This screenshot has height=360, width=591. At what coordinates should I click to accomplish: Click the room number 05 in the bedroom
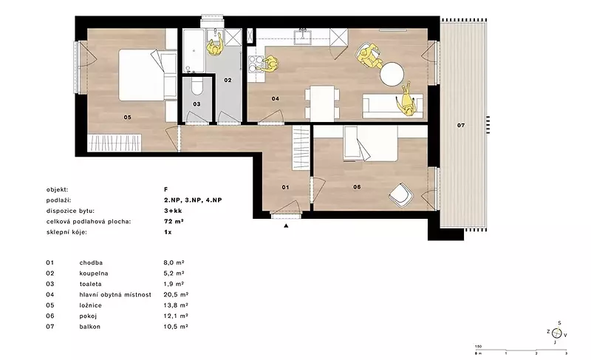click(127, 118)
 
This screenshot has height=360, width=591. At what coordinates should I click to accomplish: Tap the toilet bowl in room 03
click(197, 87)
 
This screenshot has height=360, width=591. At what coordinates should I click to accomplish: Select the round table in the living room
click(392, 74)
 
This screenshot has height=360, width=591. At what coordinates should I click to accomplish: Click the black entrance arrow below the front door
click(286, 225)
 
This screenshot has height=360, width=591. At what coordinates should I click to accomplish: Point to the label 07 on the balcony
click(461, 125)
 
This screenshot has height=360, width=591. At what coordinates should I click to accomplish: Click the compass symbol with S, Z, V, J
click(557, 333)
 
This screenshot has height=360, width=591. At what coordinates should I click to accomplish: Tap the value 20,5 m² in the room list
click(176, 294)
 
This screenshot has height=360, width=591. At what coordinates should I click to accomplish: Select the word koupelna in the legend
click(94, 274)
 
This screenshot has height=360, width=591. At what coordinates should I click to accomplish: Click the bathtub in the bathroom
click(194, 50)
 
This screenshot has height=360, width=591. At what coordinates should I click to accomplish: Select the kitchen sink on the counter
click(302, 35)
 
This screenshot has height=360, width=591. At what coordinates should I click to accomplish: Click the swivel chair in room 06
click(401, 195)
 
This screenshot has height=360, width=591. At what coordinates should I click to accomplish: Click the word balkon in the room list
click(89, 327)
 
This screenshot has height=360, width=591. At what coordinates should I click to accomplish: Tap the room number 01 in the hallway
click(285, 187)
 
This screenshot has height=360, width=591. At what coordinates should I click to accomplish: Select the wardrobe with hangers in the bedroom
click(115, 143)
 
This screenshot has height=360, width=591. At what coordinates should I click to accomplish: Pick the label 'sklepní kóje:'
click(66, 232)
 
